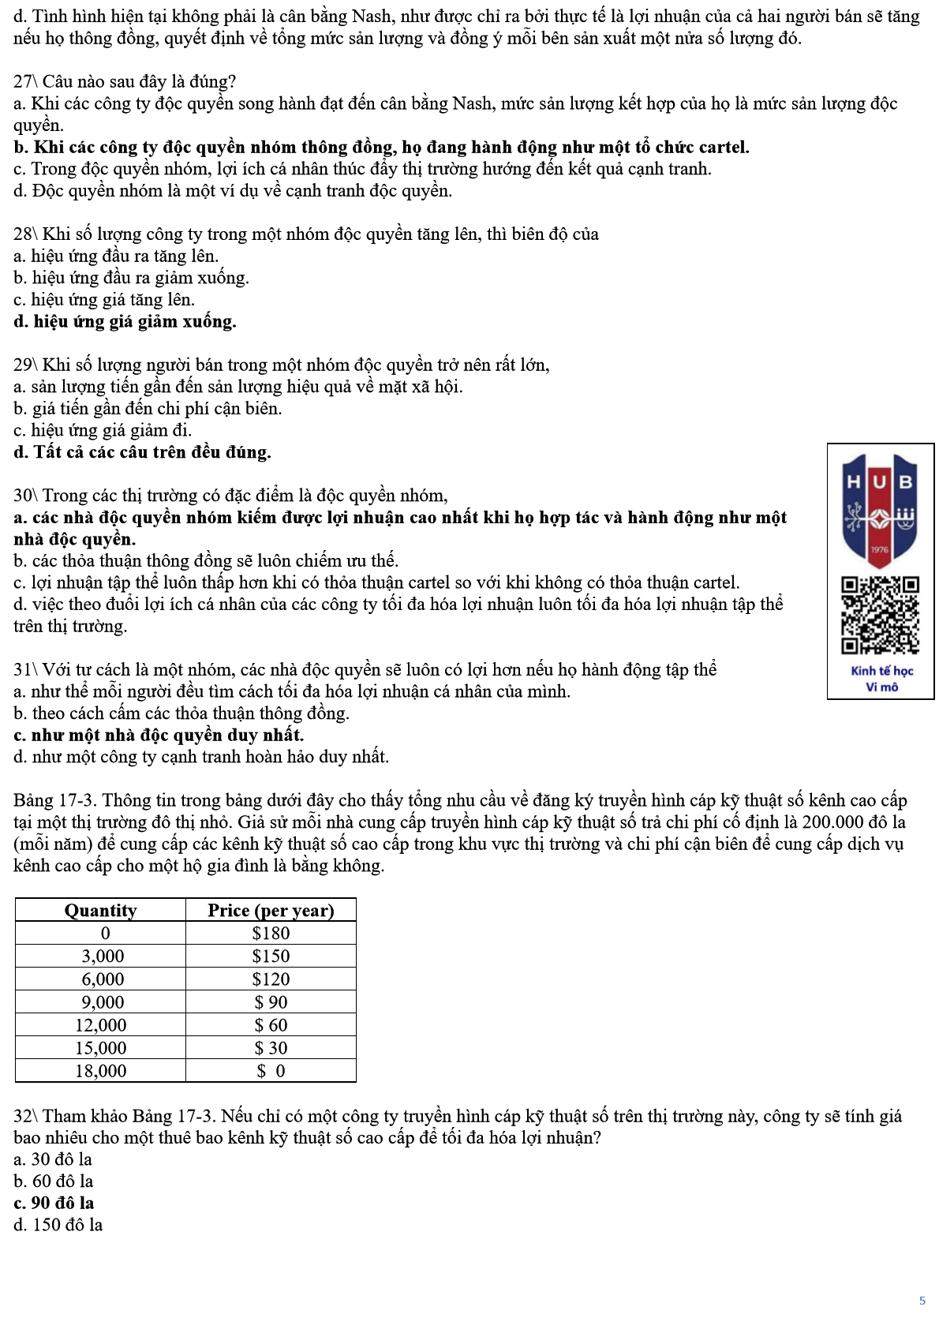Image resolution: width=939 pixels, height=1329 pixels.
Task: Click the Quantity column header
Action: click(x=100, y=910)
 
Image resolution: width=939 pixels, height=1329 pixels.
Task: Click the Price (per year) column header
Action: click(x=271, y=910)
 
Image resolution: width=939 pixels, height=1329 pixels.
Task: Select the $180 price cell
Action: click(x=271, y=933)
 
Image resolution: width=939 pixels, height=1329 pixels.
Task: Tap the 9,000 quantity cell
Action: click(x=103, y=1002)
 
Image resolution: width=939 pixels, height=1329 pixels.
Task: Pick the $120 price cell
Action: click(x=271, y=979)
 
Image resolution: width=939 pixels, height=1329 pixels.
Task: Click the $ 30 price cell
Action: click(x=271, y=1048)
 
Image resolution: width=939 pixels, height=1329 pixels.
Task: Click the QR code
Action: click(x=880, y=616)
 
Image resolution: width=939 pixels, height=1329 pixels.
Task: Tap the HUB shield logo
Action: click(x=880, y=509)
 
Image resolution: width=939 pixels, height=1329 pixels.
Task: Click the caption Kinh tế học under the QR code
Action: click(x=881, y=671)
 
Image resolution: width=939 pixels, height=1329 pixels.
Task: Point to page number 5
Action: click(x=922, y=1301)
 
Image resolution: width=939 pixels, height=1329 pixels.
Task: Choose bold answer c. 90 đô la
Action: click(x=54, y=1203)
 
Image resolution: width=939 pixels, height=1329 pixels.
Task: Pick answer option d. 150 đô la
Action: click(x=58, y=1225)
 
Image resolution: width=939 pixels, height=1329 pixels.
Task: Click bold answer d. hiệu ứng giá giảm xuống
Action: click(x=125, y=321)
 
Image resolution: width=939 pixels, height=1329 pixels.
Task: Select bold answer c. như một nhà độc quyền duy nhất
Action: click(x=159, y=735)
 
